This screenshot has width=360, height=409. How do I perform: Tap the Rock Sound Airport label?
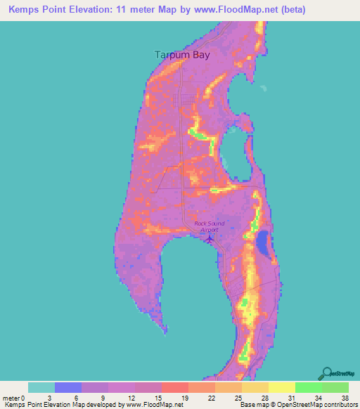pos(209,226)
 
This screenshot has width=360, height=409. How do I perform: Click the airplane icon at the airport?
pos(210,239)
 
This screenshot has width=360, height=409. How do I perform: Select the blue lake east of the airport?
pos(263,244)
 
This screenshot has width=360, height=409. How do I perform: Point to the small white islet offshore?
pos(264,89)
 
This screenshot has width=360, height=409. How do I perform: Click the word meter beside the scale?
pos(11,397)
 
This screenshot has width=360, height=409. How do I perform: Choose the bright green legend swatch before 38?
pos(335,387)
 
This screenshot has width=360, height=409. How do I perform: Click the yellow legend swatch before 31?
pos(281,387)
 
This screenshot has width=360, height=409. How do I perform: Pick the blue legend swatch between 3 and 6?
pos(68,387)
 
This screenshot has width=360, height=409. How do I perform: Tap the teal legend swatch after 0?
pos(41,387)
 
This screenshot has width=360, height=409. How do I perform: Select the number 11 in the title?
pos(129,8)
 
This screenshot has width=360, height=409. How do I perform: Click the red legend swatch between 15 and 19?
pos(174,387)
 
